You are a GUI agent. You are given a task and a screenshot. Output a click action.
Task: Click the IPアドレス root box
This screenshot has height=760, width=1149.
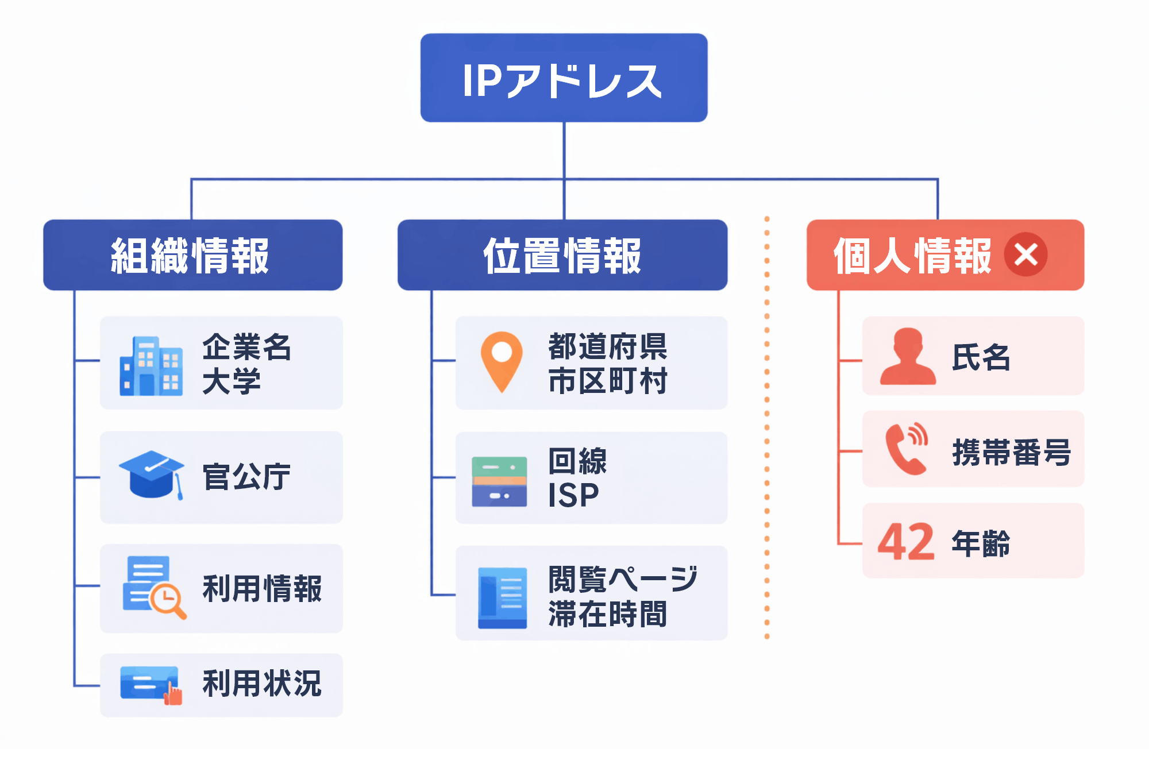click(x=564, y=78)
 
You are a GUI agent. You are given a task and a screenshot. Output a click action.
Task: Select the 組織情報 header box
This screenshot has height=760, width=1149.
click(x=192, y=255)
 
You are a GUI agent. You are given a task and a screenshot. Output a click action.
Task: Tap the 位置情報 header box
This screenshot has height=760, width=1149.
click(x=562, y=255)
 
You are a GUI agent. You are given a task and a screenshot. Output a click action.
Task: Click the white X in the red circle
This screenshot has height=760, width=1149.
click(x=1025, y=254)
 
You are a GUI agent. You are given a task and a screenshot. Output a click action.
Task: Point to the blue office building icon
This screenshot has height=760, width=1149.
click(x=151, y=367)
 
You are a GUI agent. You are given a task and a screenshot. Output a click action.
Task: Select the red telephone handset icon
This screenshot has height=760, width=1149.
click(x=906, y=449)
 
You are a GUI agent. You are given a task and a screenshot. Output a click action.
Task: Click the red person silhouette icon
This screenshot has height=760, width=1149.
click(x=908, y=357)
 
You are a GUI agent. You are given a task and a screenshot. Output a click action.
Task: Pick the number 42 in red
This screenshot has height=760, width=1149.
click(x=906, y=542)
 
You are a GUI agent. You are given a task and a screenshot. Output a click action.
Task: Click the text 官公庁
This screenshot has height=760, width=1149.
click(x=246, y=477)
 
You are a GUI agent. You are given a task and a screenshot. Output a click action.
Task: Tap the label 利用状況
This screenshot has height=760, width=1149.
click(x=262, y=684)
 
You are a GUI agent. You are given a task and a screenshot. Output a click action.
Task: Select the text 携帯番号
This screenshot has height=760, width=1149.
click(x=1011, y=452)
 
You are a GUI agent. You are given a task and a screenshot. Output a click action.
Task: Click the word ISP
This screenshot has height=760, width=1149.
click(x=573, y=495)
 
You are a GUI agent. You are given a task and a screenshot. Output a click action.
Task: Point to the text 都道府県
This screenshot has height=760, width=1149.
click(x=608, y=346)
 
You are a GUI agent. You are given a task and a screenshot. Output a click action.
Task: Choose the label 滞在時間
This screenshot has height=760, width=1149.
click(x=608, y=614)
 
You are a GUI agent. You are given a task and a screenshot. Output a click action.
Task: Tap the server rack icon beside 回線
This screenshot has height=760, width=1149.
click(x=499, y=481)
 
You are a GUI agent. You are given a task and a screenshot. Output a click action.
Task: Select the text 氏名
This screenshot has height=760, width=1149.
click(x=981, y=357)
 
